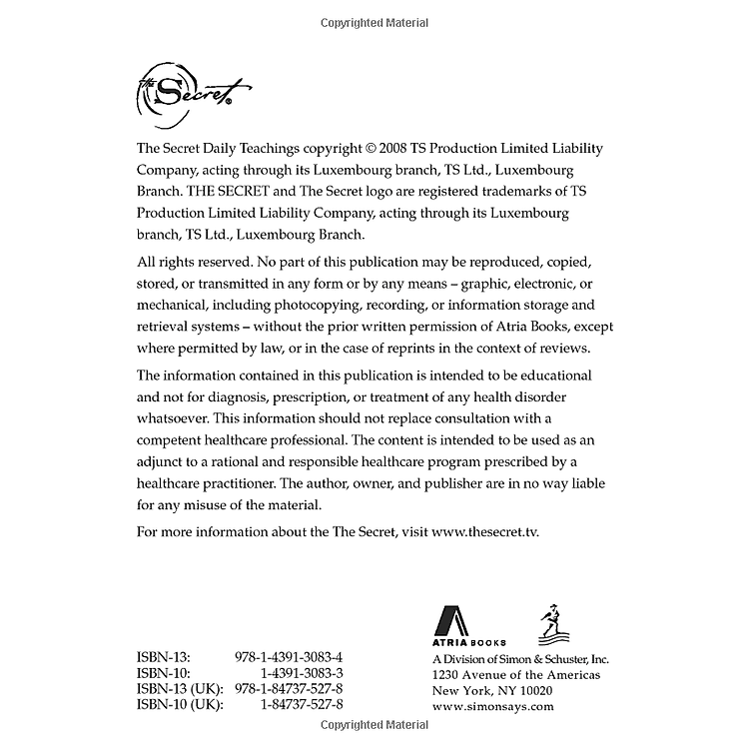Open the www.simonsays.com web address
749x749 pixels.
492,705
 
